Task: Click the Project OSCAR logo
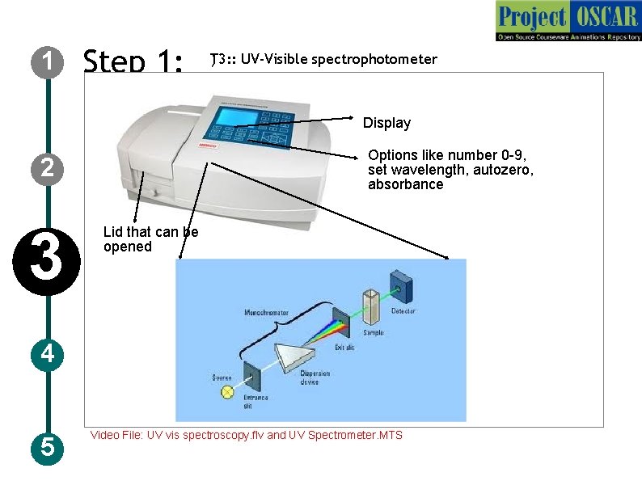point(568,21)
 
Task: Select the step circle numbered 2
point(47,168)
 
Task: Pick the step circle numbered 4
point(47,353)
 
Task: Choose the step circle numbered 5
point(47,446)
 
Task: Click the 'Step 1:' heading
point(133,61)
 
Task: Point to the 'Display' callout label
point(386,123)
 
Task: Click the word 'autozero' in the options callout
point(504,170)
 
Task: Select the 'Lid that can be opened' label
point(150,239)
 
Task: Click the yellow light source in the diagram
point(227,392)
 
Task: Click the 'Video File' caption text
point(246,435)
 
